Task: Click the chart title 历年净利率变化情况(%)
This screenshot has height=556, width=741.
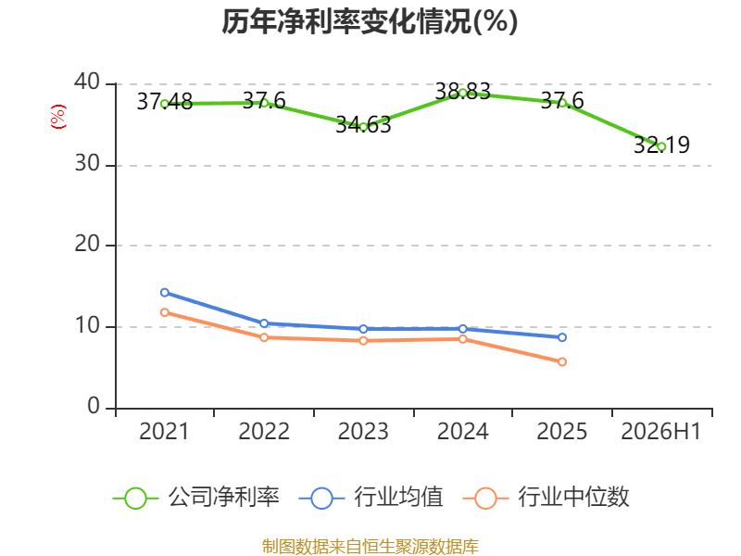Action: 370,21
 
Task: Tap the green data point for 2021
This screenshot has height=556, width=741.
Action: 165,104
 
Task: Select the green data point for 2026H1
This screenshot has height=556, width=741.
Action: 661,147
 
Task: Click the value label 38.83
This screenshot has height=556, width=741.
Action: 462,91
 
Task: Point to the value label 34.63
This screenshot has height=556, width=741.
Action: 363,125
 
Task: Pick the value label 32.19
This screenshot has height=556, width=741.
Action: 661,145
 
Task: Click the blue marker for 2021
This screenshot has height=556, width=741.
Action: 165,293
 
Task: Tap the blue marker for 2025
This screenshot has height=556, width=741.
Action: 562,337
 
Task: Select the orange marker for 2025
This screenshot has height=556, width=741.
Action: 562,362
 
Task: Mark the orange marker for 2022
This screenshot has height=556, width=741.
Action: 264,337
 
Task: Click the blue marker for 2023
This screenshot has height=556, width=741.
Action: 363,329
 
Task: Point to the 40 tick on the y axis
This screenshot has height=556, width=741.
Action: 87,82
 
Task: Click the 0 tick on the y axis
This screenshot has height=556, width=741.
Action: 94,406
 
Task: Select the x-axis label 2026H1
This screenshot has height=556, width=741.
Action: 661,431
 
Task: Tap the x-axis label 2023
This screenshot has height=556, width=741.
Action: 363,431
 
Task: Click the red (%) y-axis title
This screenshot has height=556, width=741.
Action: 58,117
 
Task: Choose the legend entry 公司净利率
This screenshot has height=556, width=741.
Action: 196,498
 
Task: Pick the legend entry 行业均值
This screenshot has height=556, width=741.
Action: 371,498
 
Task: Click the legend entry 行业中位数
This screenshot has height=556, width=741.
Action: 546,498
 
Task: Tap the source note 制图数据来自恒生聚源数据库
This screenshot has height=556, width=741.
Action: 370,547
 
